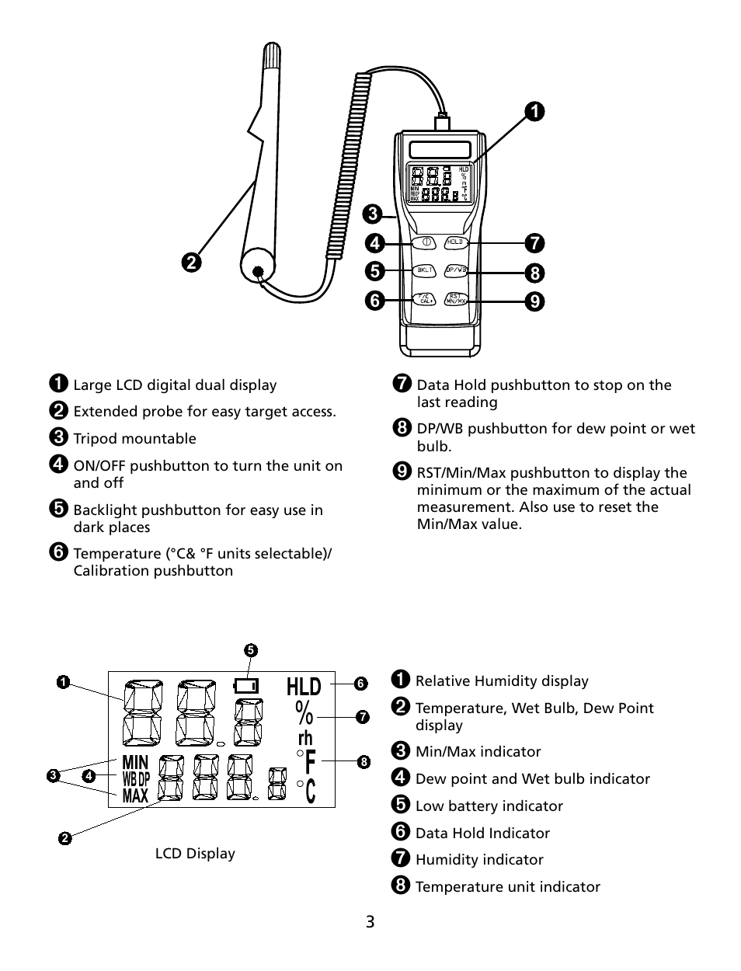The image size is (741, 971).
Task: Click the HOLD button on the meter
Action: (455, 242)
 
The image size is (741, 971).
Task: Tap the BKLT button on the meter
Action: (425, 270)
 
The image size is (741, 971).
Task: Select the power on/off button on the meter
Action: (426, 242)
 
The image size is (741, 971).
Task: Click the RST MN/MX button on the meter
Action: (456, 298)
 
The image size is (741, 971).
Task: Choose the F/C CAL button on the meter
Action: (425, 298)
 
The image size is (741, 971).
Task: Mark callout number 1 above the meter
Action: (534, 112)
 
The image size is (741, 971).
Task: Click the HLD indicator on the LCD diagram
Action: (303, 687)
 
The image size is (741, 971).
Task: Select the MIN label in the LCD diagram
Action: (135, 762)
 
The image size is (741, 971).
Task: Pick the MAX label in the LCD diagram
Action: (135, 795)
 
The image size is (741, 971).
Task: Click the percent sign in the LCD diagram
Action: (304, 712)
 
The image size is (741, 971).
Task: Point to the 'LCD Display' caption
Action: (195, 854)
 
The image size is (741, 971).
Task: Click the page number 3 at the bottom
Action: (370, 922)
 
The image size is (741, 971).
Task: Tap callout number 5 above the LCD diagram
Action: (250, 650)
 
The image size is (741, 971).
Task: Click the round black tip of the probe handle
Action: (259, 271)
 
